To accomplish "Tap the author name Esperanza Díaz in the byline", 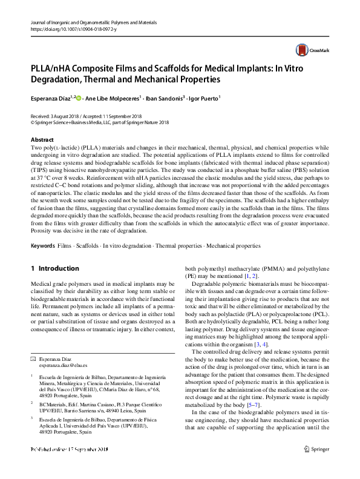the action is coord(50,97).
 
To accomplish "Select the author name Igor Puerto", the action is coord(203,97).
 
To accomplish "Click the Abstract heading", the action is coord(42,140).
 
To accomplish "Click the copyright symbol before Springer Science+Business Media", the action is coord(33,122).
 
